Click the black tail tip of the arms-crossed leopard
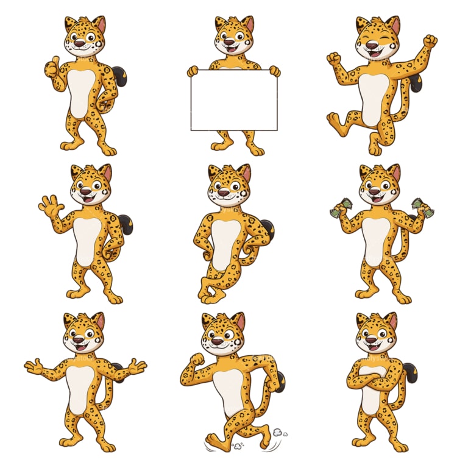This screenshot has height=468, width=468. (x=411, y=373)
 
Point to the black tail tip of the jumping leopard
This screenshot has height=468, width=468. (x=417, y=82)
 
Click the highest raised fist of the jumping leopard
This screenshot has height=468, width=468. (x=430, y=41)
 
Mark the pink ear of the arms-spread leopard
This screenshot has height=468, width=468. (x=99, y=321)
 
